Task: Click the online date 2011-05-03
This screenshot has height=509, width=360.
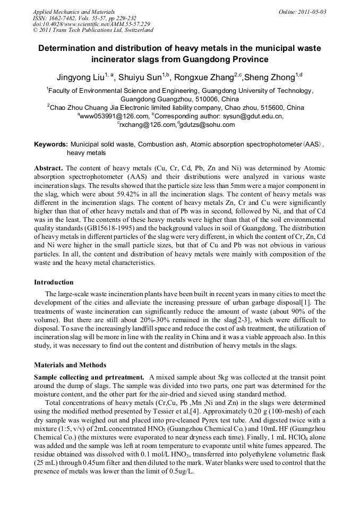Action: tap(311, 12)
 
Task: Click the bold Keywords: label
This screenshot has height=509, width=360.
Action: tap(51, 144)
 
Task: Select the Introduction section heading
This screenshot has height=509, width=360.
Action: tap(54, 282)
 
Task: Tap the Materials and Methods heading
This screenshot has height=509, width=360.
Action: tap(70, 365)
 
